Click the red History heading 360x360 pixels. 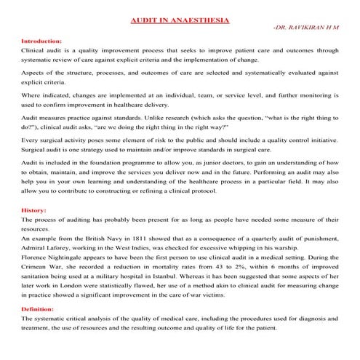[34, 209]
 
